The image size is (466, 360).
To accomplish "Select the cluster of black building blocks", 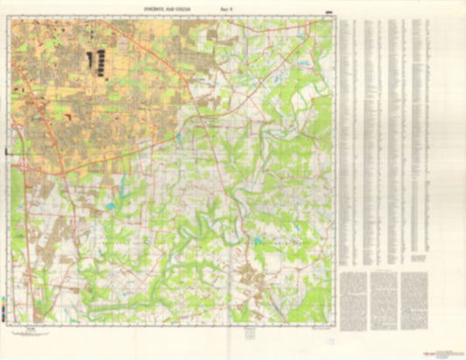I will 95,62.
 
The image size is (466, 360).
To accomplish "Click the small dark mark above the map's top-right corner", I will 329,12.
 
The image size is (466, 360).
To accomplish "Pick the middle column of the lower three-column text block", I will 382,297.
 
